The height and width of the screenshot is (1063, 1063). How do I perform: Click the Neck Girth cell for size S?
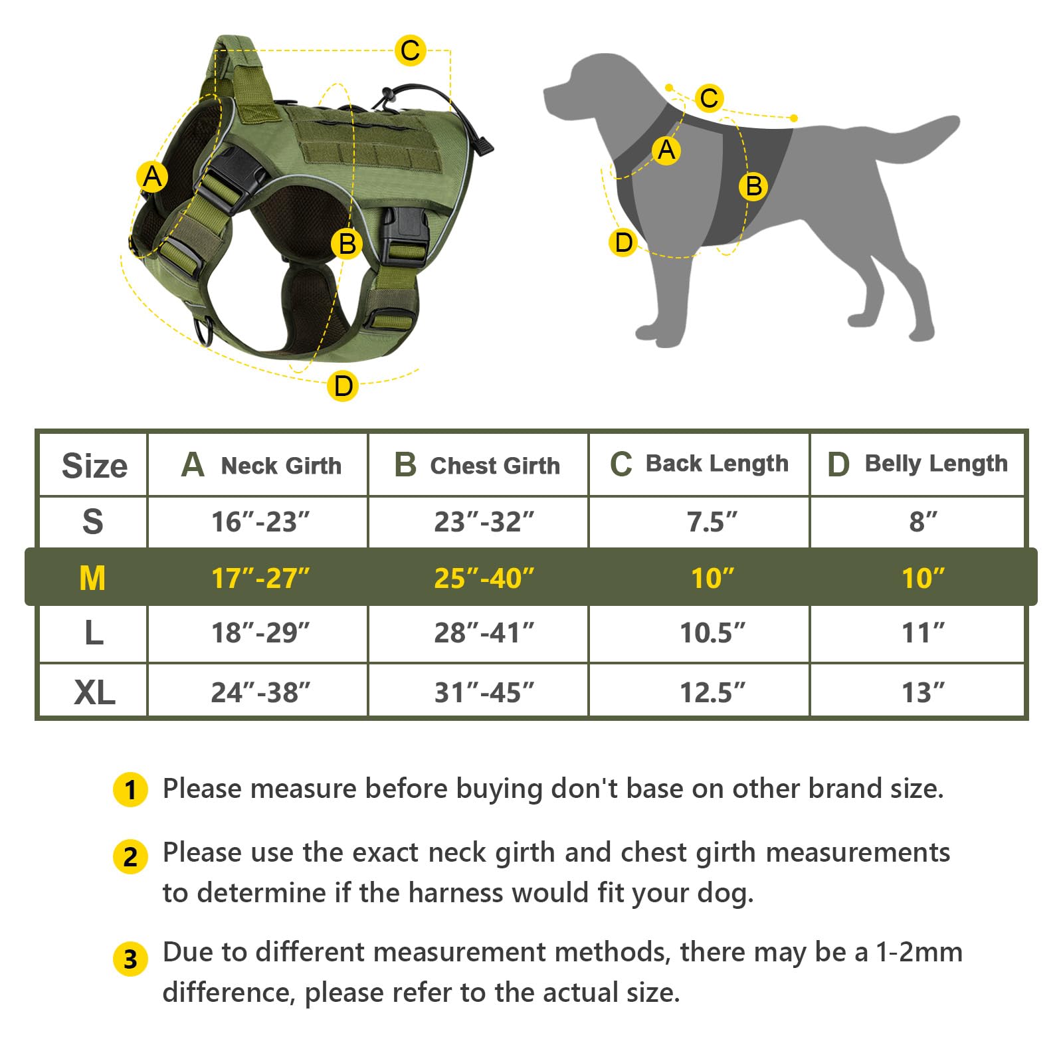[x=260, y=522]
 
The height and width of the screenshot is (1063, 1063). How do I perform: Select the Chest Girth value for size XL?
[x=484, y=692]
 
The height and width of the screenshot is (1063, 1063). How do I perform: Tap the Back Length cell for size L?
[x=712, y=632]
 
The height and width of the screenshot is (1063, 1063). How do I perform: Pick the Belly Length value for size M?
[x=923, y=578]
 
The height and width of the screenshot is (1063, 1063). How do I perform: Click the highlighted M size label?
[x=92, y=578]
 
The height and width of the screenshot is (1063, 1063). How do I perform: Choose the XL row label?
[x=94, y=692]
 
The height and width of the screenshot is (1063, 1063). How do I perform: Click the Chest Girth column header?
[x=477, y=465]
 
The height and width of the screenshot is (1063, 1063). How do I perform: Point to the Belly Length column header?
[x=917, y=464]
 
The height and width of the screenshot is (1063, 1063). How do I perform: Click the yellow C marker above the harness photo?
[x=410, y=50]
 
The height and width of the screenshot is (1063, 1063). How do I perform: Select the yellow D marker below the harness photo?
[x=343, y=385]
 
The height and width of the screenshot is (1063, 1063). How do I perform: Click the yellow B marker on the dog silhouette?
[x=753, y=186]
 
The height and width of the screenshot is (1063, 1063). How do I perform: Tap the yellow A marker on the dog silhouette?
[x=666, y=150]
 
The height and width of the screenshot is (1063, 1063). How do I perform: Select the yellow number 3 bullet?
[x=130, y=959]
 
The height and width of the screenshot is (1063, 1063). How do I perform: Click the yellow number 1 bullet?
[x=130, y=789]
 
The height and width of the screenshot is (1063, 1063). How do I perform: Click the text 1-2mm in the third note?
[x=919, y=952]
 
